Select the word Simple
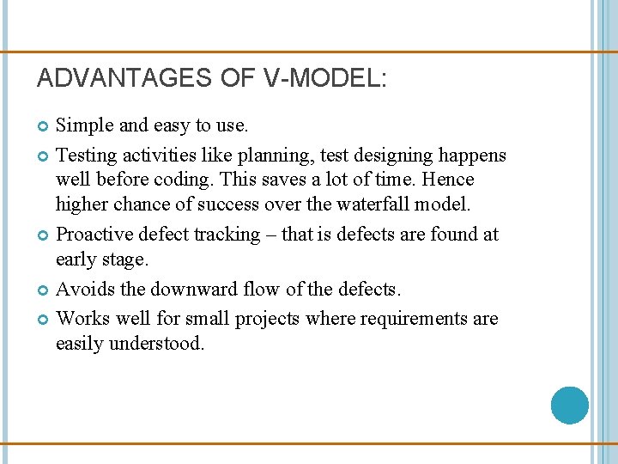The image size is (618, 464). tap(84, 125)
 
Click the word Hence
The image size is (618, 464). tap(447, 180)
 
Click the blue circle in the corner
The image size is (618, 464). tap(569, 405)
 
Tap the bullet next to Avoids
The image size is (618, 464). tap(45, 290)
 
